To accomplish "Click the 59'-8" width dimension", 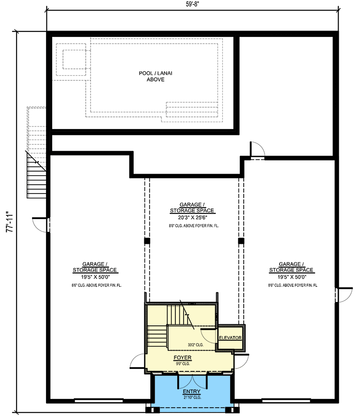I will coord(192,5).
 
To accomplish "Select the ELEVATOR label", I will coord(230,337).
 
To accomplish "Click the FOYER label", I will coord(183,357).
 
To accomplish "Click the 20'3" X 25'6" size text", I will coord(192,218).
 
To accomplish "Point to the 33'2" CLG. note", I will coord(195,345).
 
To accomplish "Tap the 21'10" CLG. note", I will coord(192,397).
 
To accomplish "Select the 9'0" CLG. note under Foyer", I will coord(183,363).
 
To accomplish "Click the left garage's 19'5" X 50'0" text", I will coord(95,277).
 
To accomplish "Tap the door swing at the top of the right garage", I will coord(257,149).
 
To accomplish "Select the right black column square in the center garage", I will coord(239,240).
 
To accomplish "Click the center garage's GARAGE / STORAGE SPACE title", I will coord(192,208).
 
